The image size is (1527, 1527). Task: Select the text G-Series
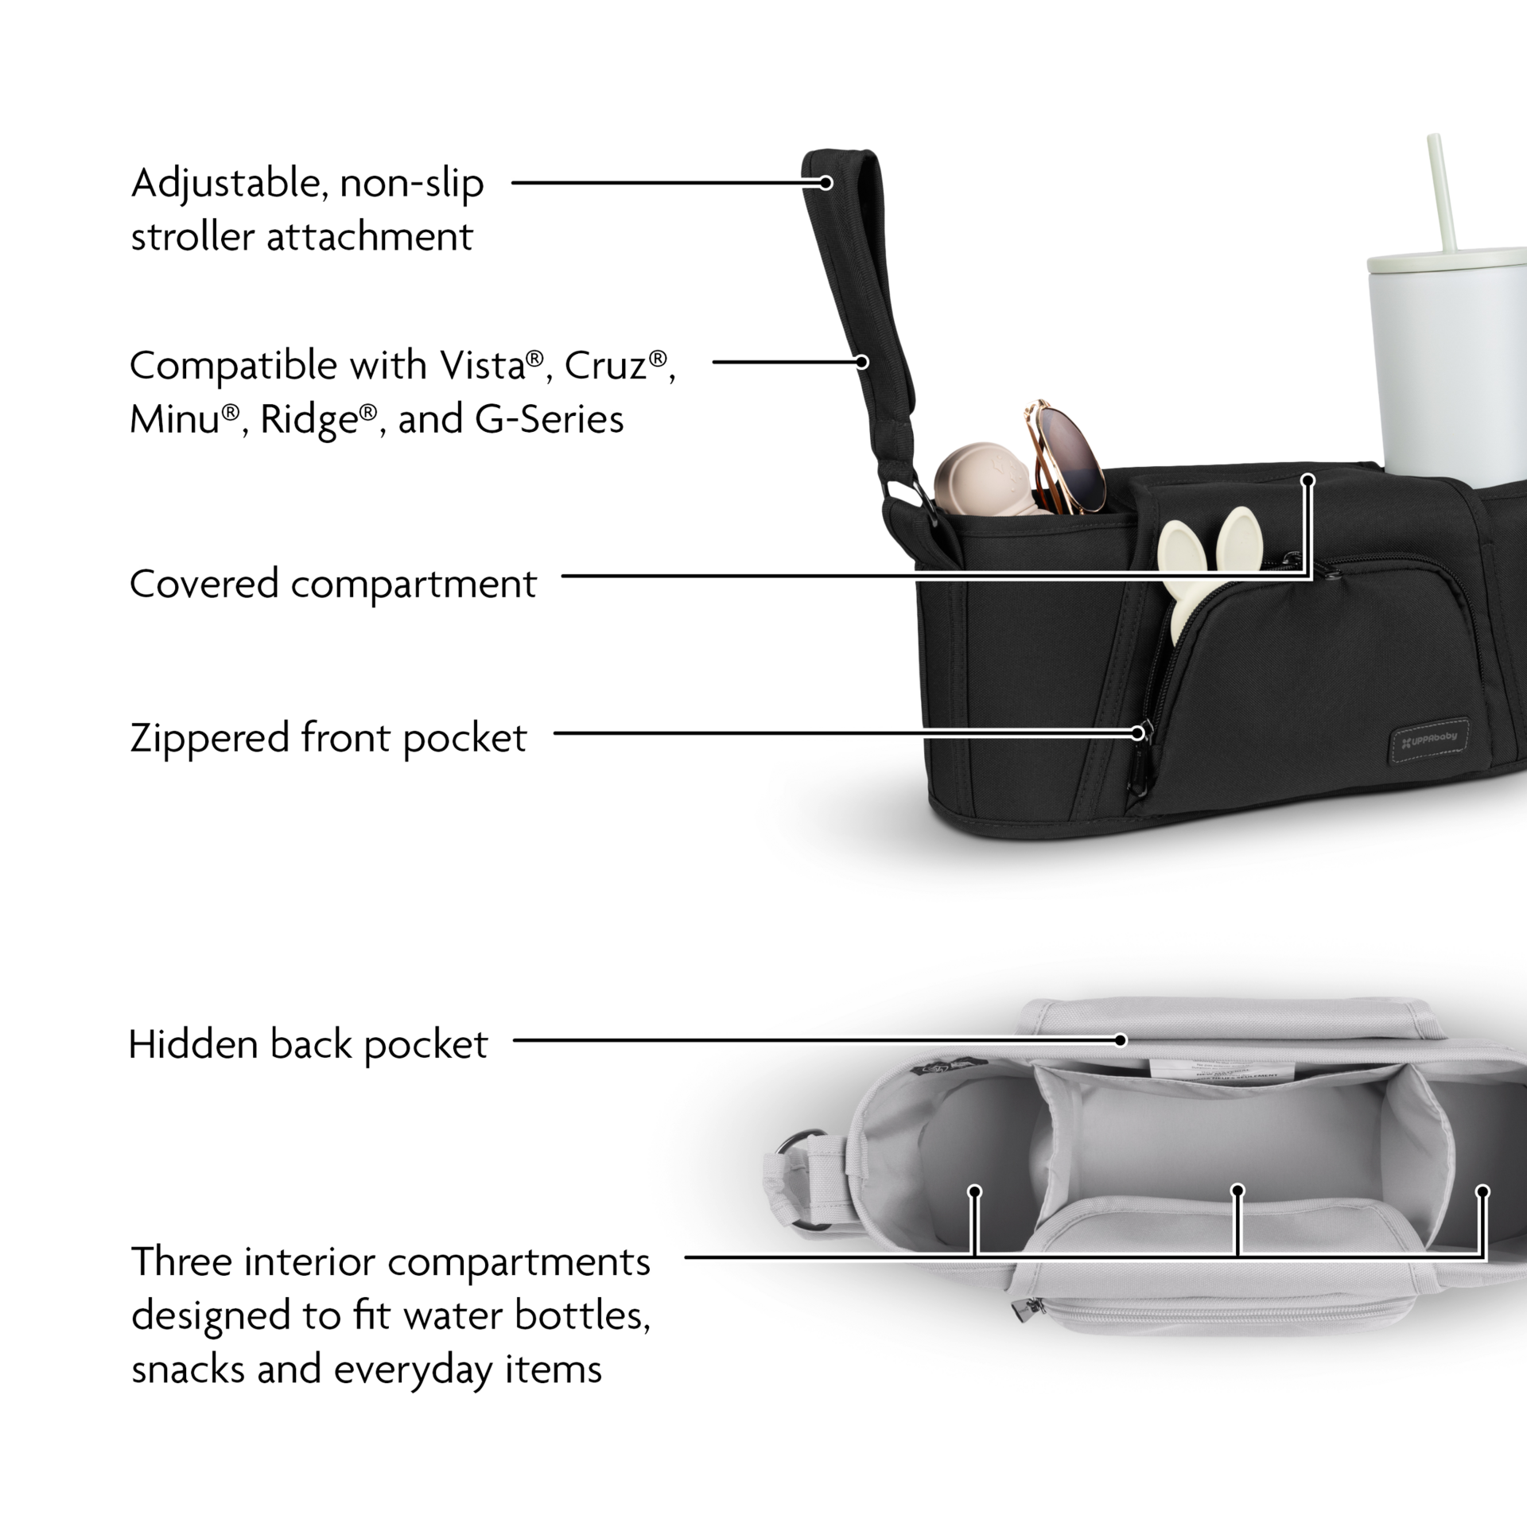click(549, 419)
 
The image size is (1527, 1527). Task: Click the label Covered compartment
click(332, 585)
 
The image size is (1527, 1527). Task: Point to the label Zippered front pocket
click(328, 738)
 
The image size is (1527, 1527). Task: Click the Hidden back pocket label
click(309, 1045)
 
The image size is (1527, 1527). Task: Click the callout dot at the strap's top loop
click(826, 183)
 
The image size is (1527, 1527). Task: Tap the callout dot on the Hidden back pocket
click(1120, 1039)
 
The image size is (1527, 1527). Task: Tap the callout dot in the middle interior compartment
click(1237, 1213)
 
